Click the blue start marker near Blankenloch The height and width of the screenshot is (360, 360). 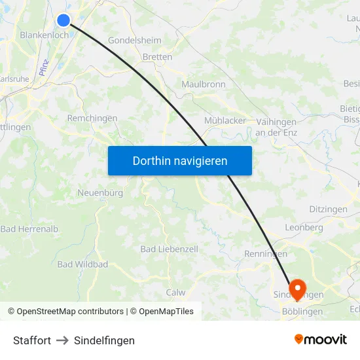[63, 20]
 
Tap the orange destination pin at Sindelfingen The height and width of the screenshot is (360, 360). [297, 287]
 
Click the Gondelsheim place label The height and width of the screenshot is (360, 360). [134, 40]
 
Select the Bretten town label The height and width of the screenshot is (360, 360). [157, 57]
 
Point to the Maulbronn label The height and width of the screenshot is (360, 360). [203, 84]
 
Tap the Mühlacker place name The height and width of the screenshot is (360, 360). [225, 120]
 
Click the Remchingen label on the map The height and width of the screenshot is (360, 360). [92, 118]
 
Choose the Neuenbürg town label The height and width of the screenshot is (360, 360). [100, 193]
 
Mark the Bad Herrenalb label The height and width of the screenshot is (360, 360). [29, 229]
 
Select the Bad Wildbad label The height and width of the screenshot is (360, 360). [82, 264]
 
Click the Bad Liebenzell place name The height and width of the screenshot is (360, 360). [169, 249]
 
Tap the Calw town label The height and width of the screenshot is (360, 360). [176, 293]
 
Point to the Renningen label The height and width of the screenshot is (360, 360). [265, 254]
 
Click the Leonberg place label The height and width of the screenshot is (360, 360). [304, 227]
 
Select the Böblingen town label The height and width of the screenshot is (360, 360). [302, 312]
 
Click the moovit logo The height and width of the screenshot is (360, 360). [320, 340]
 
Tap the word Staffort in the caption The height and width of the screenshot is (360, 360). [32, 340]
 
